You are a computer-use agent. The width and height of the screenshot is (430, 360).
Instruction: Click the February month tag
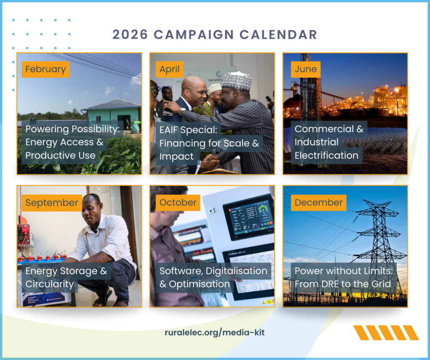coord(45,69)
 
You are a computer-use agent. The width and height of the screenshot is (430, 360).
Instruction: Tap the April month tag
coord(170,69)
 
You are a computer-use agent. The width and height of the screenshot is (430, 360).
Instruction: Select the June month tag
coord(306,69)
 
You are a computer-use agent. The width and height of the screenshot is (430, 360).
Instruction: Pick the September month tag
coord(52,203)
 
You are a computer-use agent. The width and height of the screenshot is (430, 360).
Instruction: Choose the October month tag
coord(178,203)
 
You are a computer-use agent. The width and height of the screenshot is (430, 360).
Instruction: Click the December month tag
coord(319,203)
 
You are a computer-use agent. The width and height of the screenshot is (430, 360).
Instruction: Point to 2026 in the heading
coord(130,35)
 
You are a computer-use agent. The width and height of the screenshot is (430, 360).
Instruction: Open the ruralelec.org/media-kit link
coord(215,333)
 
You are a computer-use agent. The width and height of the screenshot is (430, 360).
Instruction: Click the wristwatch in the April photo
coord(182,112)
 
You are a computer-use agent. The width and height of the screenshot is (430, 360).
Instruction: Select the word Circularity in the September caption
coord(50,284)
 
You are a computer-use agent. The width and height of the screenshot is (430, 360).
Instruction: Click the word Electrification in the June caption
coord(327,156)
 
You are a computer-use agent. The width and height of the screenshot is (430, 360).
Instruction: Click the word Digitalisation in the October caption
coord(236,271)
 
